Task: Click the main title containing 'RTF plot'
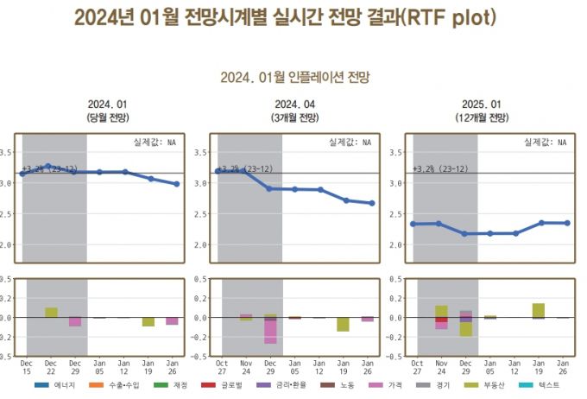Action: click(286, 18)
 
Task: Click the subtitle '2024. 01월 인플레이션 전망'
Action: click(294, 78)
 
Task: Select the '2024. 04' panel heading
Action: click(294, 104)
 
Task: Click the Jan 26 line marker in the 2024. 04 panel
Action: click(371, 204)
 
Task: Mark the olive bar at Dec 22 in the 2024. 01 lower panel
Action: click(51, 312)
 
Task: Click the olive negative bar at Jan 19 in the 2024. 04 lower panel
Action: click(344, 325)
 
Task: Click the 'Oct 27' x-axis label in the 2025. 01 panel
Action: click(417, 367)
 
